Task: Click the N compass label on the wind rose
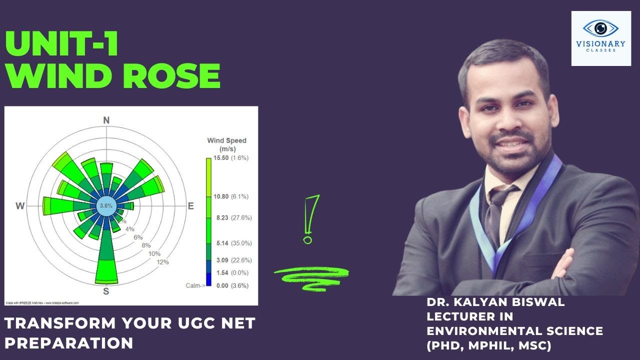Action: (106, 120)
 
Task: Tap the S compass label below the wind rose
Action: (106, 291)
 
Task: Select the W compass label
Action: (20, 206)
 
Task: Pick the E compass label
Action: (190, 206)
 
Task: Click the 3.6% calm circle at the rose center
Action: (106, 206)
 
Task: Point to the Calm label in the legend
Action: (194, 285)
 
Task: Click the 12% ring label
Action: (162, 262)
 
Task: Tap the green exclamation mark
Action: (311, 219)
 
